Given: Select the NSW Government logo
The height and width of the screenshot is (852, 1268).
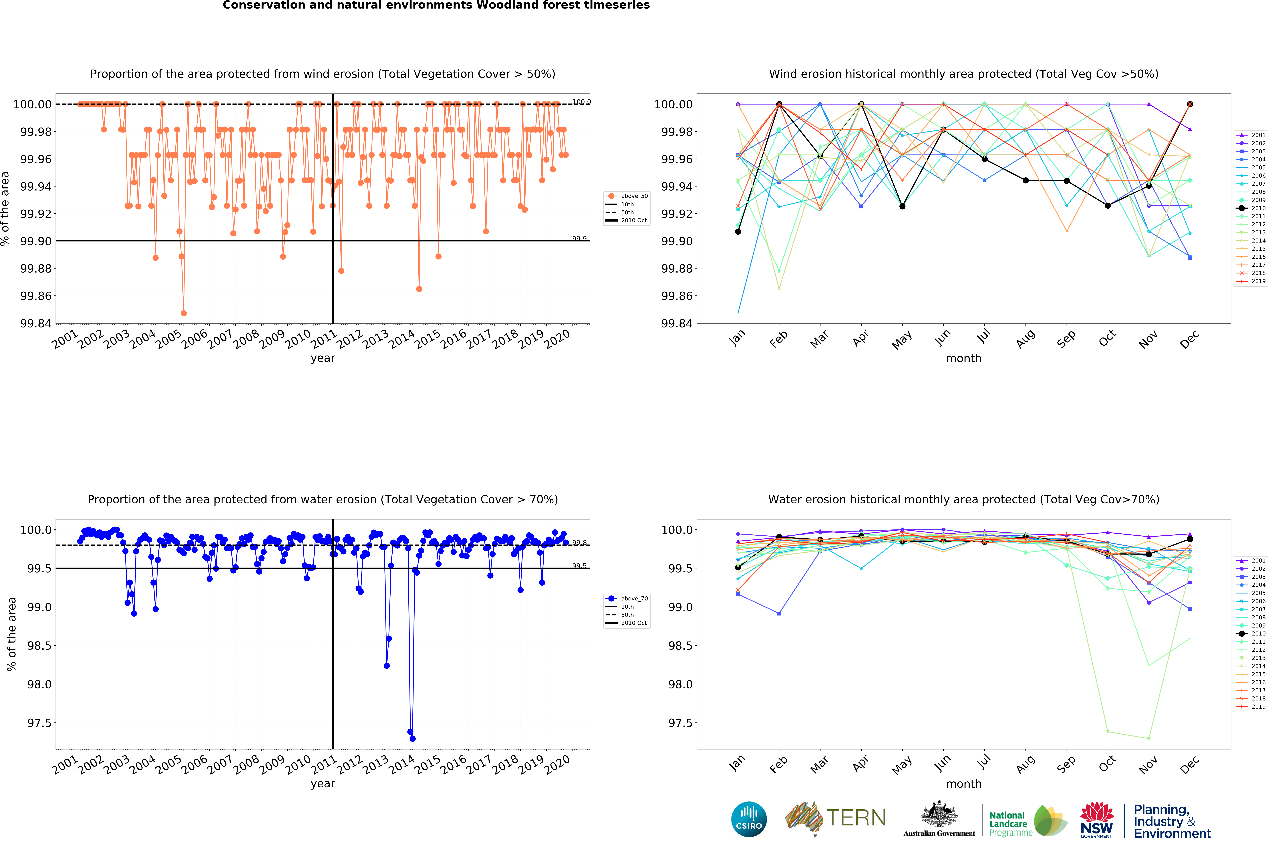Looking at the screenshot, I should (x=1096, y=819).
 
